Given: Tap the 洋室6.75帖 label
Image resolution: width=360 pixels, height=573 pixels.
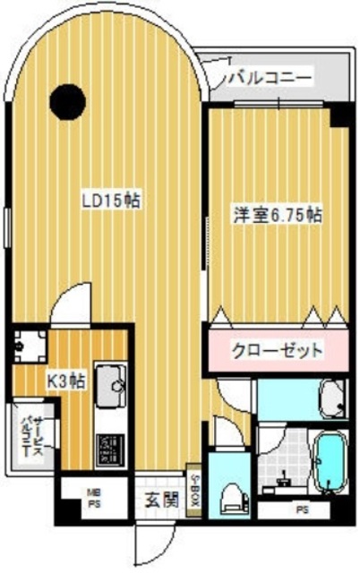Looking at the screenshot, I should pos(277,215).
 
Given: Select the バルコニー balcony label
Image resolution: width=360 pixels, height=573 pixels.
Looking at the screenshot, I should pos(268,79).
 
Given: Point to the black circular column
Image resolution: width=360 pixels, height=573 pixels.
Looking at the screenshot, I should pos(67,100).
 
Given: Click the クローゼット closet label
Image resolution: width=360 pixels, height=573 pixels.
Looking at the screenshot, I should pos(277,350).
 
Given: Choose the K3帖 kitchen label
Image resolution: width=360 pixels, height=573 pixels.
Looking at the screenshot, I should pos(66,381).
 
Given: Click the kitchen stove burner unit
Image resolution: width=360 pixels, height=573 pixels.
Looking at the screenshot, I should pos(108,448).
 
